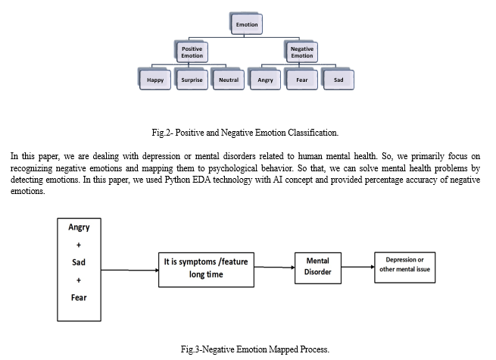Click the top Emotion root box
point(246,23)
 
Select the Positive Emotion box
point(192,52)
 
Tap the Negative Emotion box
point(301,52)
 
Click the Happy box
point(154,80)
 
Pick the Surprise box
point(192,80)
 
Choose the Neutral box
point(228,80)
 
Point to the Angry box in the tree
point(265,80)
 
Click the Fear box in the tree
point(301,80)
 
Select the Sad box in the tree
point(338,80)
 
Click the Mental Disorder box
point(318,268)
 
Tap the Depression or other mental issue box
point(405,268)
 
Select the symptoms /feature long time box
point(206,270)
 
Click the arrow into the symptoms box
point(129,270)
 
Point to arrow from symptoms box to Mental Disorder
point(275,268)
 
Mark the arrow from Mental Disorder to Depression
point(358,267)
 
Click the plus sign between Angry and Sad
point(79,245)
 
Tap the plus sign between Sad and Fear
point(79,280)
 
